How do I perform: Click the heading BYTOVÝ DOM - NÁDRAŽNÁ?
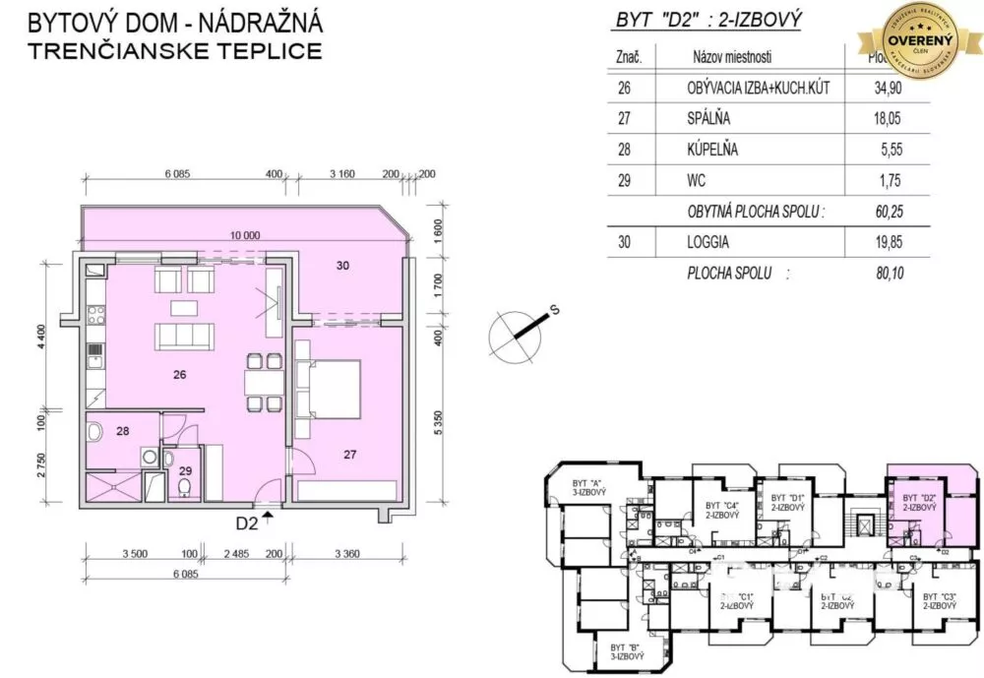175,22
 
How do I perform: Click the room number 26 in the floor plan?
179,375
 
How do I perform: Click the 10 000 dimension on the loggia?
245,236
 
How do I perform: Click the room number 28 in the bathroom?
124,431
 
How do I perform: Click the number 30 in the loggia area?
342,266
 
